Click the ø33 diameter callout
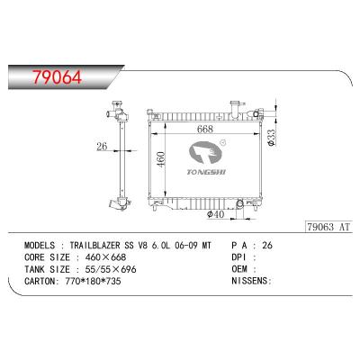(271, 139)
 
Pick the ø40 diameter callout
(215, 214)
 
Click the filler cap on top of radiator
(235, 111)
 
